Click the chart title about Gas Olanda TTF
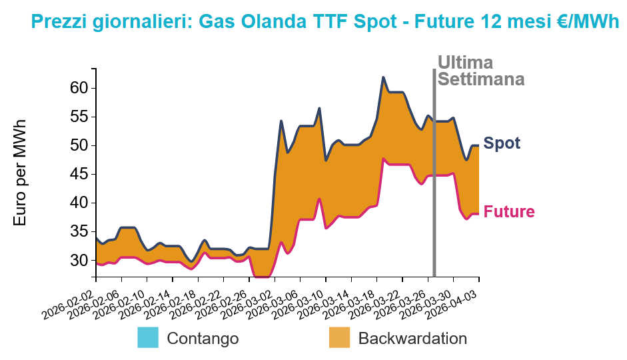[x=325, y=21]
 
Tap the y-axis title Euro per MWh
[x=20, y=173]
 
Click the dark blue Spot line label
[x=502, y=143]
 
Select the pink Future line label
[x=509, y=212]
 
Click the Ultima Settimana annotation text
[x=480, y=71]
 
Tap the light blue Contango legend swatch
[x=149, y=337]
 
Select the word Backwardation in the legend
[x=412, y=338]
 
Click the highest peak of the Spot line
[x=383, y=77]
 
